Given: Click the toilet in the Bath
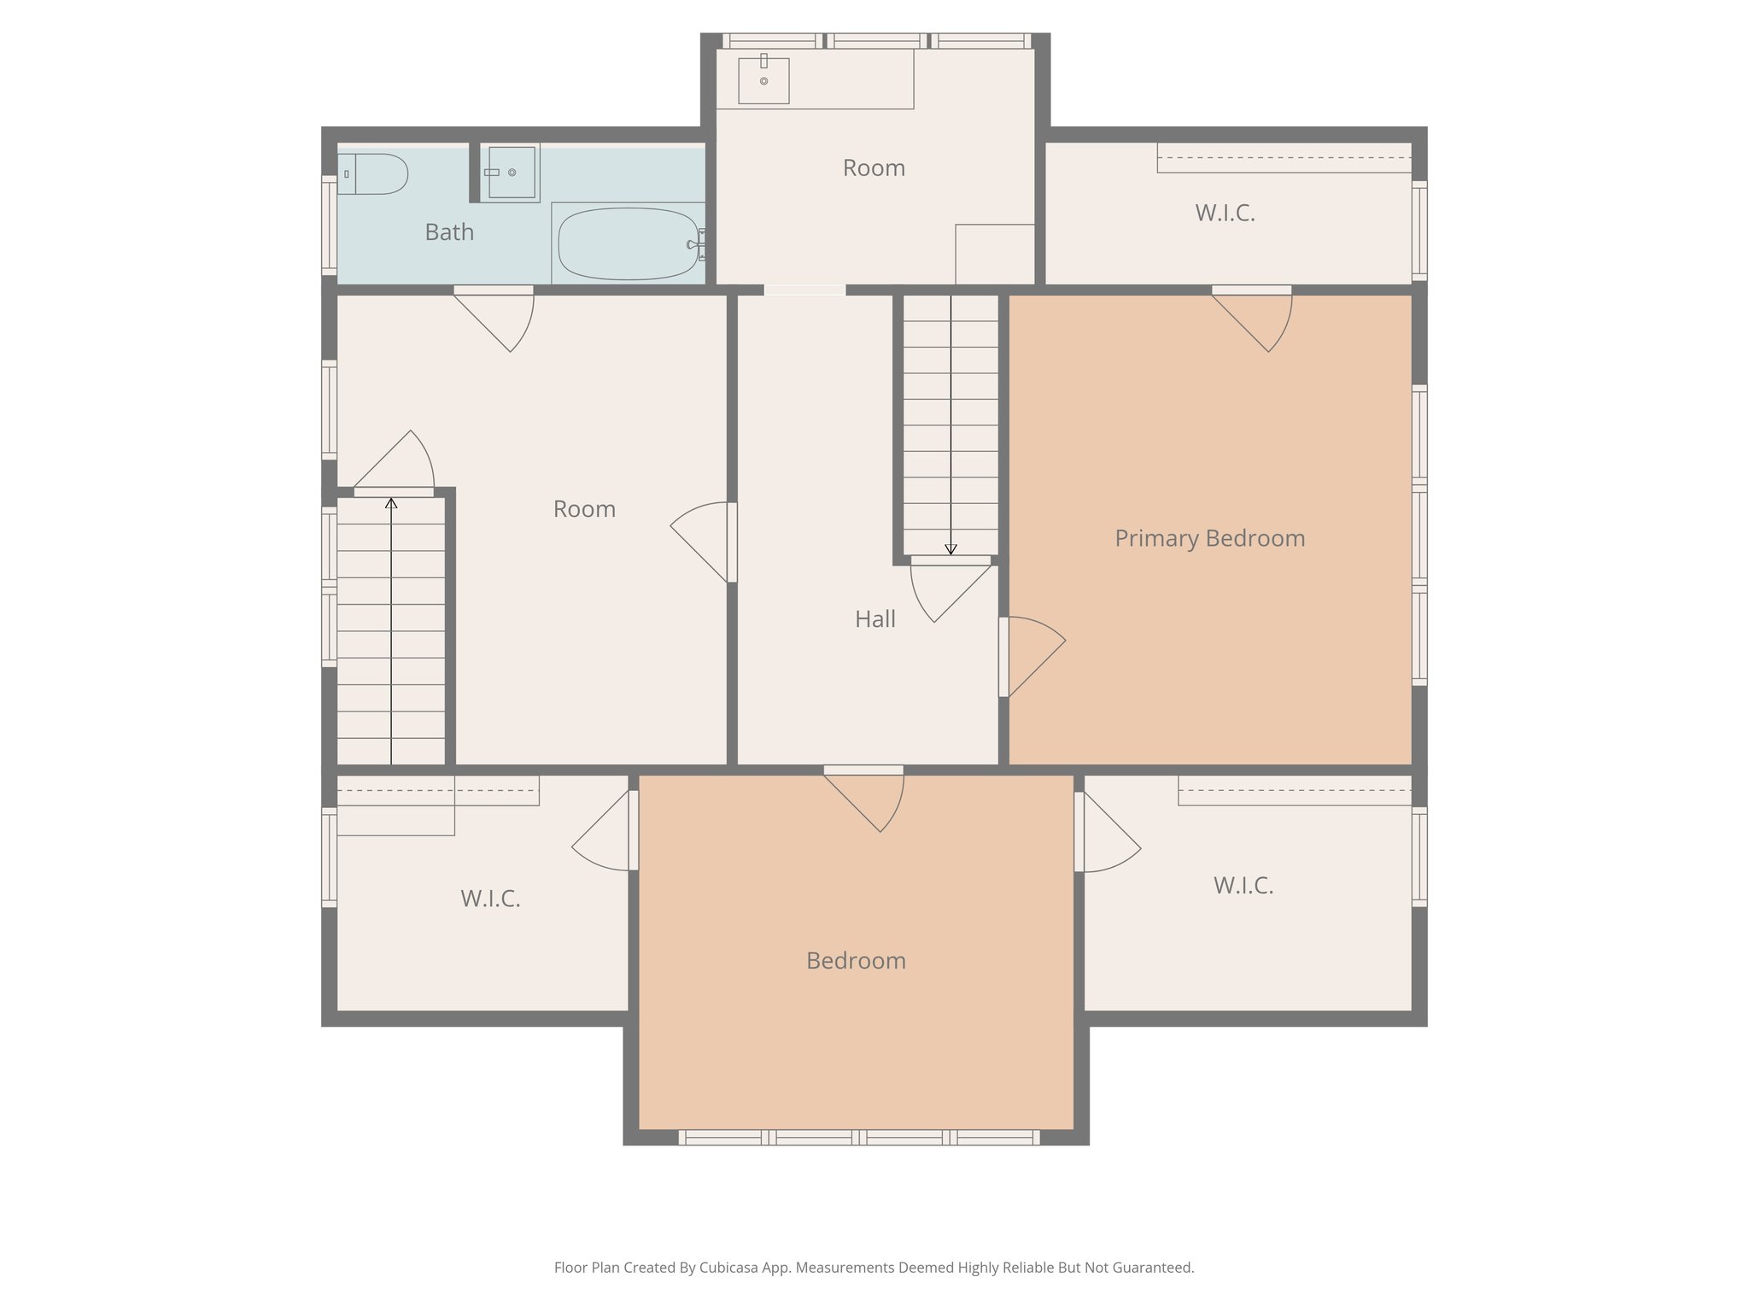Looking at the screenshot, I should point(374,174).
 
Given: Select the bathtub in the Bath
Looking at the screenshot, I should point(629,243).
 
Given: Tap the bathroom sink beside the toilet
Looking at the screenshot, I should point(511,173).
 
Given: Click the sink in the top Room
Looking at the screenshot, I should point(763,81).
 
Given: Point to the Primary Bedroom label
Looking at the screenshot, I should point(1209,538).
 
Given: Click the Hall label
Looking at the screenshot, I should point(875,619).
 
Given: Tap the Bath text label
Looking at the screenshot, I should point(449,232).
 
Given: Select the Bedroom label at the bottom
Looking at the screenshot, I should point(856,961).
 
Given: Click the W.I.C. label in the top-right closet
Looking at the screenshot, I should point(1225,214).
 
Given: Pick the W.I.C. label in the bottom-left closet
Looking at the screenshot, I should point(490,899).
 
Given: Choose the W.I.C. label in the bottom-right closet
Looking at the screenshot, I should point(1243,886).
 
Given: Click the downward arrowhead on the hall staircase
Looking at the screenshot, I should point(951,550).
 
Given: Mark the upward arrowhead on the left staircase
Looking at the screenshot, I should point(391,503).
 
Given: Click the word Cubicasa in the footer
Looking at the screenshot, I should point(732,1268).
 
